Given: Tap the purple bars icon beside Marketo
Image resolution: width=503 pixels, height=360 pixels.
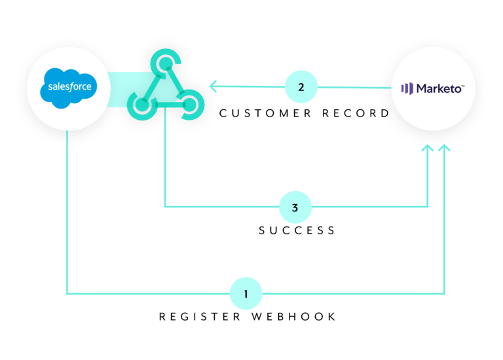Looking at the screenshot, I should pyautogui.click(x=407, y=88).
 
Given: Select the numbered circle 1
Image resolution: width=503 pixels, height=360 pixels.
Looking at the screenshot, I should pyautogui.click(x=246, y=293).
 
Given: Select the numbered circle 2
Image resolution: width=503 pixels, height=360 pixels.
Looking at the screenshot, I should pyautogui.click(x=301, y=86).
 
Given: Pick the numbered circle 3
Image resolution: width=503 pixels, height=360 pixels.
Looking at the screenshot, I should pyautogui.click(x=295, y=207).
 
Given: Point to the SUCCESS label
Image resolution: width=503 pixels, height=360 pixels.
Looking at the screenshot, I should pyautogui.click(x=297, y=230).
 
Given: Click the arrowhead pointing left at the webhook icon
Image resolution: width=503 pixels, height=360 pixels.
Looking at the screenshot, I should pyautogui.click(x=213, y=86).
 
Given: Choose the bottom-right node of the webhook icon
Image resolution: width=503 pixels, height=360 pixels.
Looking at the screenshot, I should pyautogui.click(x=189, y=103).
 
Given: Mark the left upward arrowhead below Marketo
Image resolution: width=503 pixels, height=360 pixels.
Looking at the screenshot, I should pyautogui.click(x=428, y=149).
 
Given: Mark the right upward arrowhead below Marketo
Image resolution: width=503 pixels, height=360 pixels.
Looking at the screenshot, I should pyautogui.click(x=445, y=149).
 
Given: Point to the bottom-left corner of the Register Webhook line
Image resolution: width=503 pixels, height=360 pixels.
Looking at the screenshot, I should pyautogui.click(x=67, y=293).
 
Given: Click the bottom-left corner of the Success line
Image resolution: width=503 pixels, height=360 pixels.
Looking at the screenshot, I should pyautogui.click(x=164, y=207).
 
